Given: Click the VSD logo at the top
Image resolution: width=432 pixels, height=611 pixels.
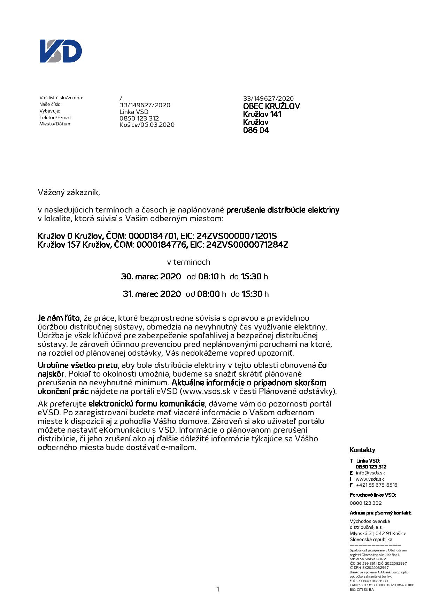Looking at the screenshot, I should click(61, 51).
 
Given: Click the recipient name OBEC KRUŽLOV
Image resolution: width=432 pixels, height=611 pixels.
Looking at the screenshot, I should click(271, 106).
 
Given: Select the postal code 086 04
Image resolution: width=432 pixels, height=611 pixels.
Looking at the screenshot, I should click(256, 130).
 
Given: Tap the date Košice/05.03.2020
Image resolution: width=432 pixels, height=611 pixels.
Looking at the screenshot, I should click(147, 125).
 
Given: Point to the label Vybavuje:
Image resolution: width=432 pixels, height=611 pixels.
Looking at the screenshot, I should click(49, 111).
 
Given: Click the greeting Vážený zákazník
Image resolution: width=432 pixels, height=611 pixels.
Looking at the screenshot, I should click(69, 192).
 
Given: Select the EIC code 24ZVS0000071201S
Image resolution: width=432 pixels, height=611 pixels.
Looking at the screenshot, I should click(237, 236).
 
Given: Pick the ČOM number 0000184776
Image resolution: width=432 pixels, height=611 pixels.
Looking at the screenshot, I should click(162, 245).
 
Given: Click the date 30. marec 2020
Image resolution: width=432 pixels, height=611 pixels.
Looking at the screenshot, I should click(151, 277).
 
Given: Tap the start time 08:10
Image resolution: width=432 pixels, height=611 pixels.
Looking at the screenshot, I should click(208, 277).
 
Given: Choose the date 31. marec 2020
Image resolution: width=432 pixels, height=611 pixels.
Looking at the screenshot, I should click(152, 294).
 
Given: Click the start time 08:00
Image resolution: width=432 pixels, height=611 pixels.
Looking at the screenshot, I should click(208, 294).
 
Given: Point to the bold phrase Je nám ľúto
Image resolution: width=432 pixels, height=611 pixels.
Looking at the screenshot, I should click(59, 318).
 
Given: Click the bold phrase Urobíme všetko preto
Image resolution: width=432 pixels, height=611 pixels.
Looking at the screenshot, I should click(78, 365).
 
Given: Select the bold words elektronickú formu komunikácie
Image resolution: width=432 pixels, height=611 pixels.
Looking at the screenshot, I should click(146, 404).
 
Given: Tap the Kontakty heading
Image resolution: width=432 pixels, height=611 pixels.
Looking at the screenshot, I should click(362, 450).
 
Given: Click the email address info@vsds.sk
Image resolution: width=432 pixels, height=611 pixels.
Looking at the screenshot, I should click(370, 473).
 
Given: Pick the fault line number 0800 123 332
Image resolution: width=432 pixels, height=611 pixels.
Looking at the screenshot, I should click(365, 503).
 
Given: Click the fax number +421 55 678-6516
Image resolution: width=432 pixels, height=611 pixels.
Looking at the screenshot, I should click(376, 485).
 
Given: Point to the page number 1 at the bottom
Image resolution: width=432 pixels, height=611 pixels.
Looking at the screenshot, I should click(218, 589).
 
